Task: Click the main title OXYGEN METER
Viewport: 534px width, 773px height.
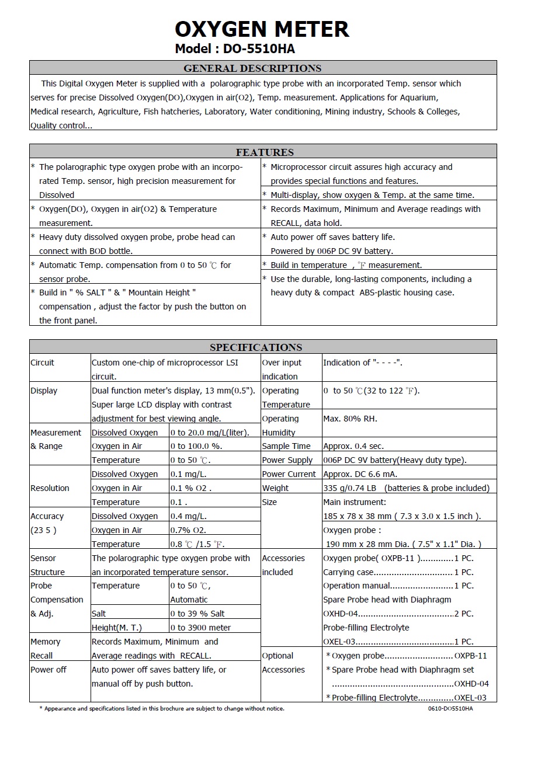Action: [x=262, y=29]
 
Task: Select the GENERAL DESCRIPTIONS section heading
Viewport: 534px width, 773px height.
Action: [x=252, y=68]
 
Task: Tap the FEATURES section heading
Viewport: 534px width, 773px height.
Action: [x=265, y=152]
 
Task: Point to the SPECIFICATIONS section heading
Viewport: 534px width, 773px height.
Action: [x=256, y=347]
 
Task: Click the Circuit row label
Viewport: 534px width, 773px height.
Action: [x=42, y=363]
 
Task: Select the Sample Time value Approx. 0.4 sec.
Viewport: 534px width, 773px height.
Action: [x=353, y=446]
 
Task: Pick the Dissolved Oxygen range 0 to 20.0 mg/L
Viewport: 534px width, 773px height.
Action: [x=210, y=433]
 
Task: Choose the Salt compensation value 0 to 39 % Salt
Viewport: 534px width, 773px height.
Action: [x=197, y=614]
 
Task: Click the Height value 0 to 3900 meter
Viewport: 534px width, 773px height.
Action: [x=200, y=628]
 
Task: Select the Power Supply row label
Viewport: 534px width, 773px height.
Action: [x=287, y=460]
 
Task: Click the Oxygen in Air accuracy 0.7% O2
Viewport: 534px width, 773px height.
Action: [x=188, y=530]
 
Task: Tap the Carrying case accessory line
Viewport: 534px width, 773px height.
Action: [x=398, y=572]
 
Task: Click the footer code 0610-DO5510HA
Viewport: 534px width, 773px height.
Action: [x=450, y=709]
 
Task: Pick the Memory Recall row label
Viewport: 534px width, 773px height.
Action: [x=45, y=649]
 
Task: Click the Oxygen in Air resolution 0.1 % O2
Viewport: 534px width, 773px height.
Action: [x=190, y=488]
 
